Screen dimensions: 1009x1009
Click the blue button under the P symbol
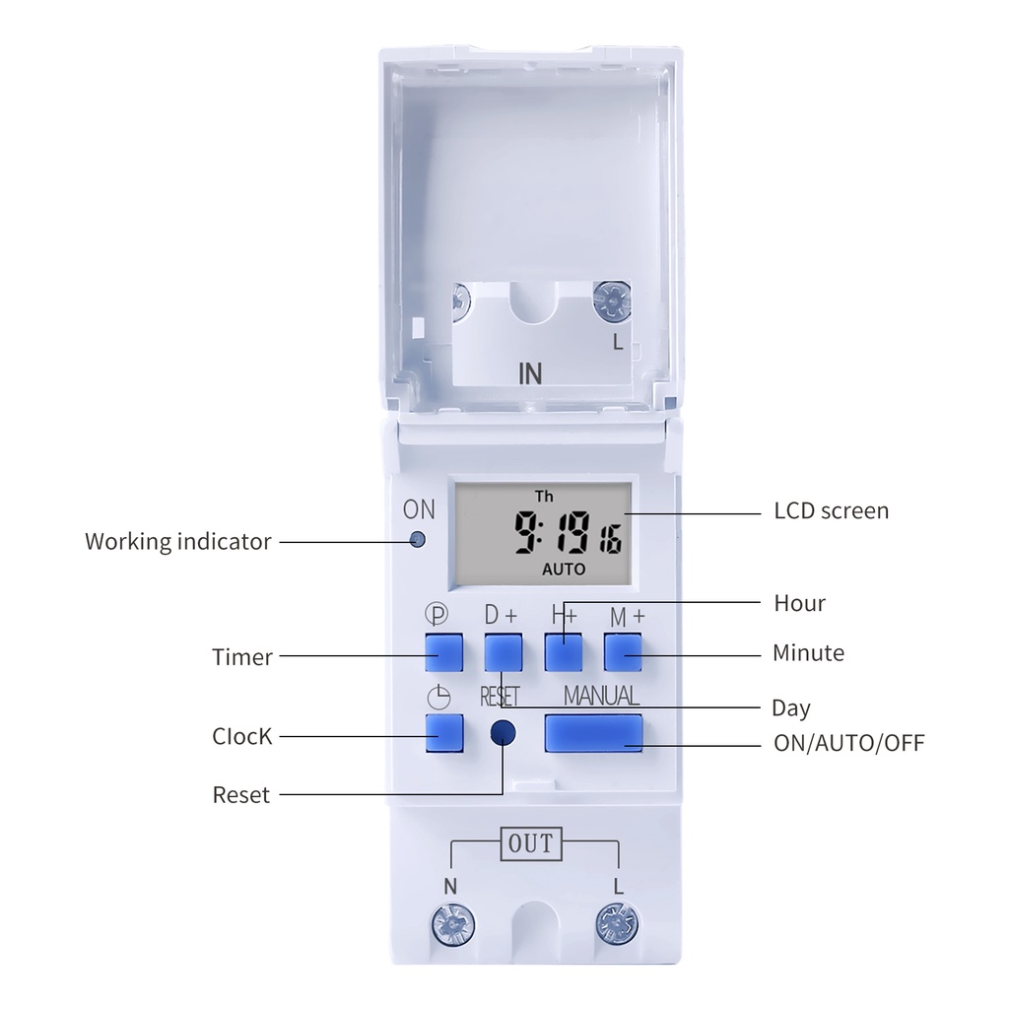pos(444,652)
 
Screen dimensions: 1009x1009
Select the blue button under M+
pos(623,652)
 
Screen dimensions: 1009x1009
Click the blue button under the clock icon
pos(444,733)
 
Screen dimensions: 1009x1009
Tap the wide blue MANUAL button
pos(593,733)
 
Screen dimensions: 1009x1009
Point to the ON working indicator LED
pos(418,540)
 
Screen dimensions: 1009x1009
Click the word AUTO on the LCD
pos(564,570)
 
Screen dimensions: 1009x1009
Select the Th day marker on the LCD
pos(544,496)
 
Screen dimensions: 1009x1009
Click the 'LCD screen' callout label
pos(831,510)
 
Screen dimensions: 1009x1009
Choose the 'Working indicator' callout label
pos(177,541)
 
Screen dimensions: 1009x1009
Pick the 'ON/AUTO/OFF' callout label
pos(848,743)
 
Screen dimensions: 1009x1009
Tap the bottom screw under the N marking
pos(452,924)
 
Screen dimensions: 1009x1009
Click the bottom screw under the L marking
pos(617,924)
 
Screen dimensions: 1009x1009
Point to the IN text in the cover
pos(530,374)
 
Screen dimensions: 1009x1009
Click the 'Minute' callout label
pos(808,653)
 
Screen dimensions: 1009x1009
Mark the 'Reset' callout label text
pos(240,795)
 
